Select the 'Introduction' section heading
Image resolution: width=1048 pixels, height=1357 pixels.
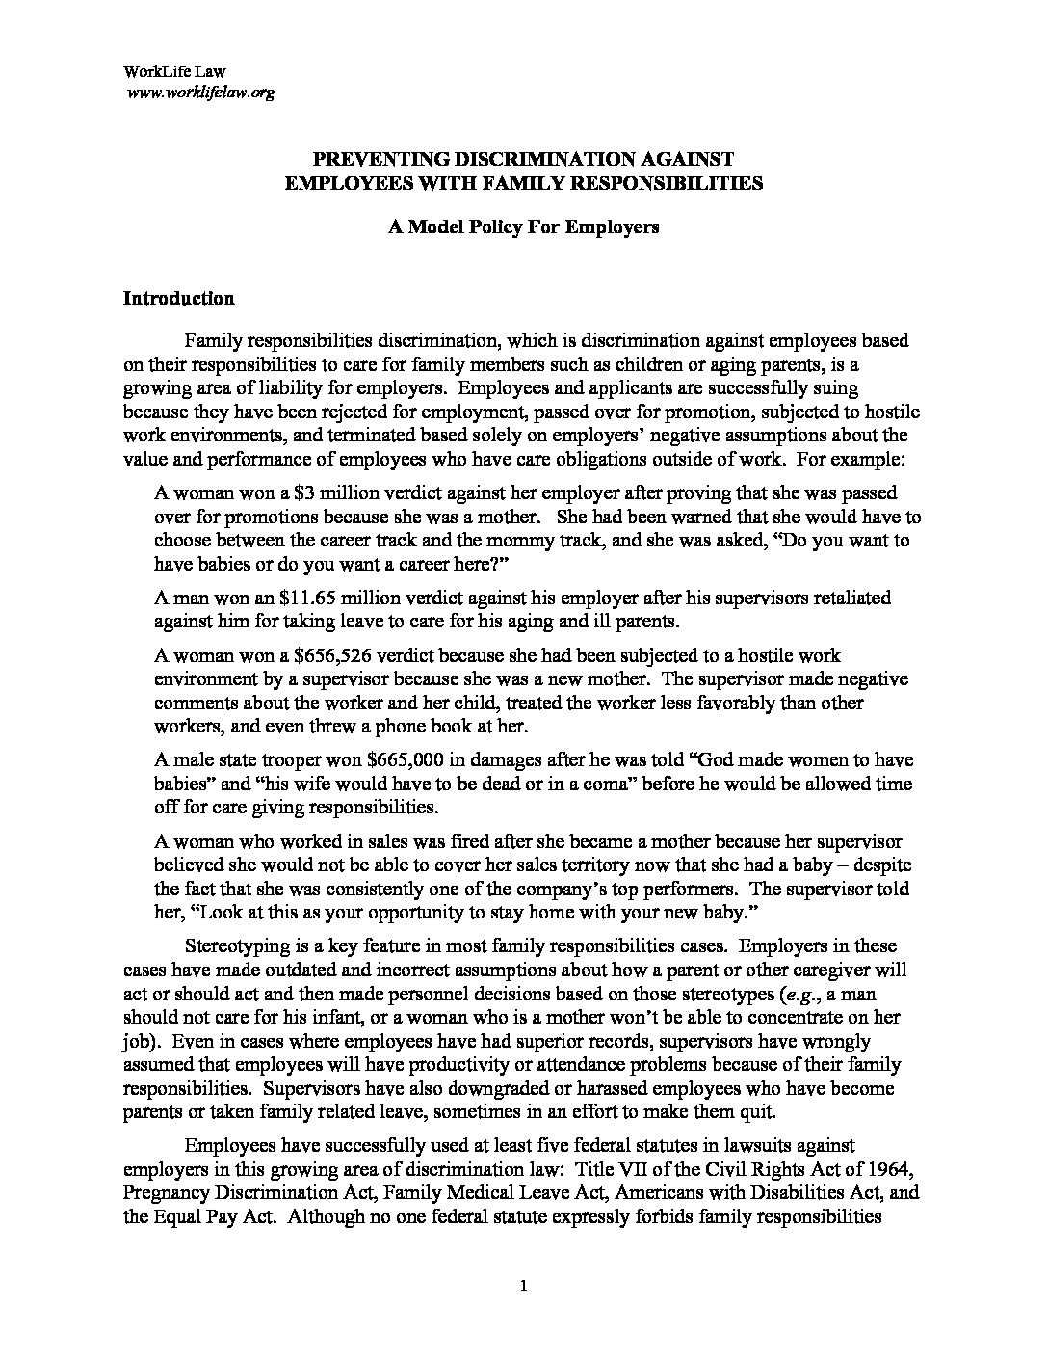tap(178, 298)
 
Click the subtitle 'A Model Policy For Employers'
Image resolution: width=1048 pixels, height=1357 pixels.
tap(523, 227)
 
